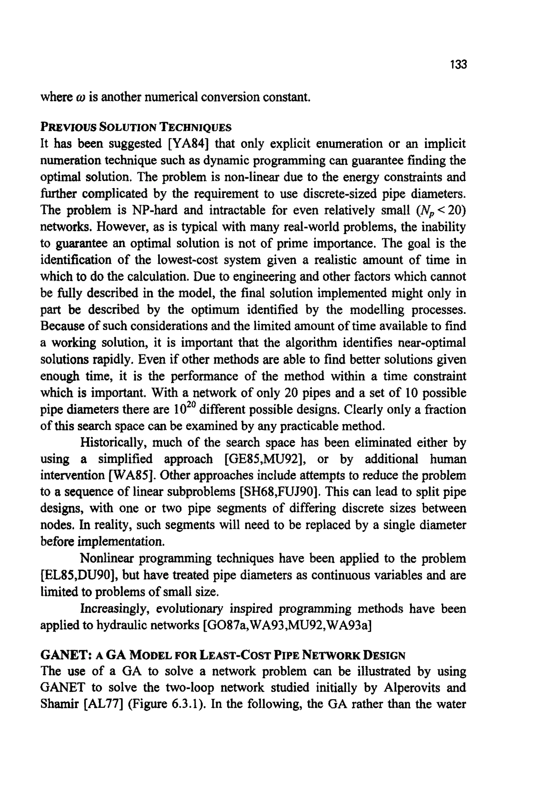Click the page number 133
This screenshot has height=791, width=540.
[458, 64]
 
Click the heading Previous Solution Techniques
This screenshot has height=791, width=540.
[136, 127]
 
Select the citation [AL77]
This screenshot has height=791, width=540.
[103, 704]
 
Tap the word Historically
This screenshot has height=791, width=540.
[113, 443]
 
